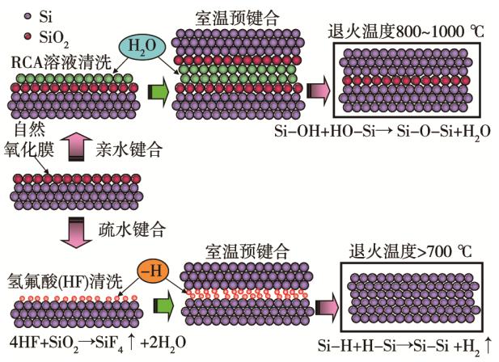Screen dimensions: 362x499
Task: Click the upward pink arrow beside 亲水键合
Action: (x=75, y=149)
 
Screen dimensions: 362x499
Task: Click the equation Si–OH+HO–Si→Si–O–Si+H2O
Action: (x=408, y=130)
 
